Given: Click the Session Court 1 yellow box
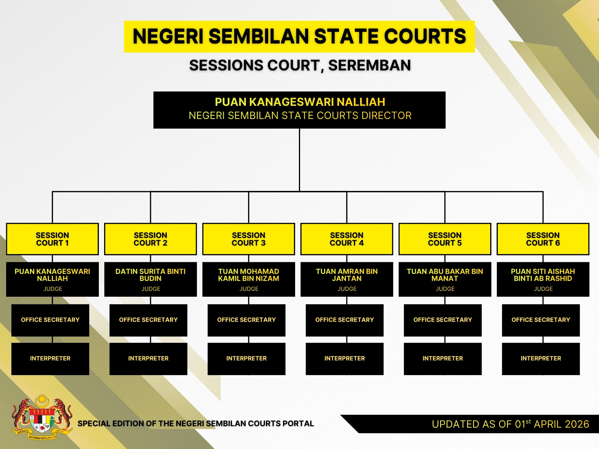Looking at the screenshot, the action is [x=52, y=239].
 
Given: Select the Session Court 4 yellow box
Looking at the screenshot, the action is [x=347, y=239].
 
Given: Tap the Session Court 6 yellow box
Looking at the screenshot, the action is [x=543, y=239].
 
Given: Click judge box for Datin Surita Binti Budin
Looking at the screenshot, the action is [x=151, y=279].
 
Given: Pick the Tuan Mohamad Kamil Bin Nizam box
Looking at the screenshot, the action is [x=249, y=279].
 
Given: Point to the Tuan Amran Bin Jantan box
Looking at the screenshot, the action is [x=347, y=279].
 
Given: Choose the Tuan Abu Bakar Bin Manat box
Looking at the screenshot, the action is [x=445, y=279].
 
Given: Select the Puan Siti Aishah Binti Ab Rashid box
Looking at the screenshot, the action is [x=543, y=279].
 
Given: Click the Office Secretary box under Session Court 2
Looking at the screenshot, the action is [x=148, y=320].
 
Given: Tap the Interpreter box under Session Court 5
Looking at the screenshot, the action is [x=443, y=359].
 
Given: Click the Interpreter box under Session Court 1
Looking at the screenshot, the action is [x=50, y=359].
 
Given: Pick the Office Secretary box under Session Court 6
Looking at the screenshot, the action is [x=541, y=320].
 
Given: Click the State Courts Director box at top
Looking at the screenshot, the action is [x=299, y=110].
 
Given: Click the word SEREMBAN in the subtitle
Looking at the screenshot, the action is [x=369, y=65].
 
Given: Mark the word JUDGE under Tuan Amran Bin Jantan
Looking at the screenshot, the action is [x=347, y=289].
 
